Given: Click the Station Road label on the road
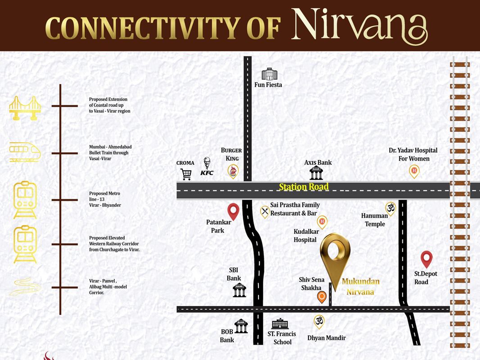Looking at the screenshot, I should pos(304,187).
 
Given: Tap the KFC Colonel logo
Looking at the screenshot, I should pos(207,166).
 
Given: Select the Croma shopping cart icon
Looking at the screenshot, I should pos(186,174).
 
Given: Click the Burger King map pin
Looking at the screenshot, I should pos(233,171).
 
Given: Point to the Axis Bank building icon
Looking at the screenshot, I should pos(316,173).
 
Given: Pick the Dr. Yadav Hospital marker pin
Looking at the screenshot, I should pos(414,171).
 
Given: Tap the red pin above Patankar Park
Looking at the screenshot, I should pos(233,211).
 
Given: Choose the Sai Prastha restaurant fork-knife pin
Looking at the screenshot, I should pos(265,211).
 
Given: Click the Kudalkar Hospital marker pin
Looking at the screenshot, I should pos(322,221).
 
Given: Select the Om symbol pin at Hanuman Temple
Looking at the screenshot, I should pos(390,208).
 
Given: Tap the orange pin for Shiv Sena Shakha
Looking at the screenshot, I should pos(322,297).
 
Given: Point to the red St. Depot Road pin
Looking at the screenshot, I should pos(426,259).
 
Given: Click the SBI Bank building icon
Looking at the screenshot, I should pos(240,290).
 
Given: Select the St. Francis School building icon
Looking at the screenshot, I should pos(280,324).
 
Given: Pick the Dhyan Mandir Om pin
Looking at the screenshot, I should pos(319,321).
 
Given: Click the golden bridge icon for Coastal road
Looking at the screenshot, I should pos(25,108).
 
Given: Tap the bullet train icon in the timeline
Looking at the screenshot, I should pos(25,152).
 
